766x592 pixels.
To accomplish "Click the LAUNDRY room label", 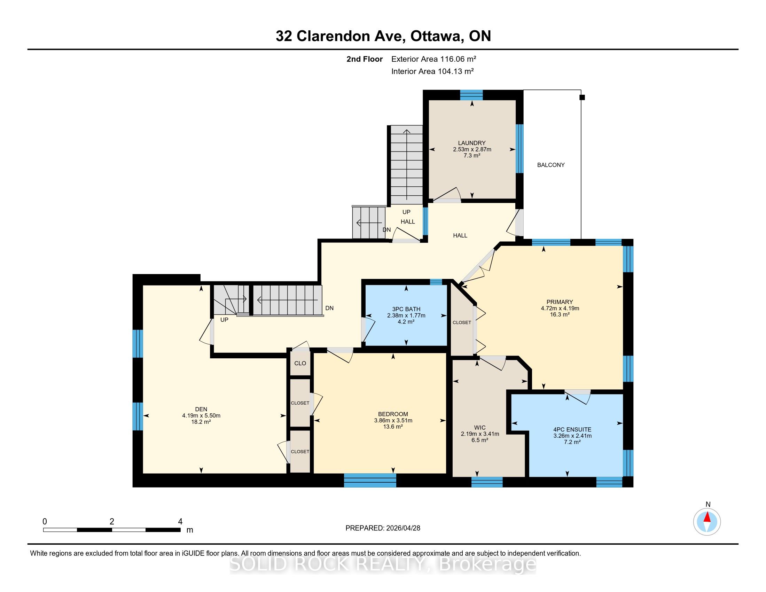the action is (x=472, y=143).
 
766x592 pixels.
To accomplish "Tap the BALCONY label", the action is (x=551, y=165).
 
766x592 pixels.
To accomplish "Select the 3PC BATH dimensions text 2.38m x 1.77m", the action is (x=406, y=315).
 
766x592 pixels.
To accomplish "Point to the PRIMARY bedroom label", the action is (x=560, y=302).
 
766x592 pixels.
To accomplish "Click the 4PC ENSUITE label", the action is (x=572, y=429).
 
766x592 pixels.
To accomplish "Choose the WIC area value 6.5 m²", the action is (x=480, y=440).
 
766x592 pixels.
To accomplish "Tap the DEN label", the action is (x=201, y=409).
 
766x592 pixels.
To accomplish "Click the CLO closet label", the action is (x=300, y=363).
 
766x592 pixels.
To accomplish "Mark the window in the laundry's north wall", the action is (x=471, y=95).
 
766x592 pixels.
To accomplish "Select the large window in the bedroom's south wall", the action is (x=370, y=480).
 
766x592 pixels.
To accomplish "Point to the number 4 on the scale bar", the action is (x=180, y=522).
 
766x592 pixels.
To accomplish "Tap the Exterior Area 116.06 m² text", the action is (x=433, y=59).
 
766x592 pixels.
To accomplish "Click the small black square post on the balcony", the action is (x=582, y=98).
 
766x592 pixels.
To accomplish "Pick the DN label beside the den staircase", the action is (x=329, y=308).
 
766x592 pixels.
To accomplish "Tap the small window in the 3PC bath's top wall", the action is (x=436, y=282).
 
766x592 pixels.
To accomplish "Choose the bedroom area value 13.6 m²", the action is (x=393, y=427).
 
